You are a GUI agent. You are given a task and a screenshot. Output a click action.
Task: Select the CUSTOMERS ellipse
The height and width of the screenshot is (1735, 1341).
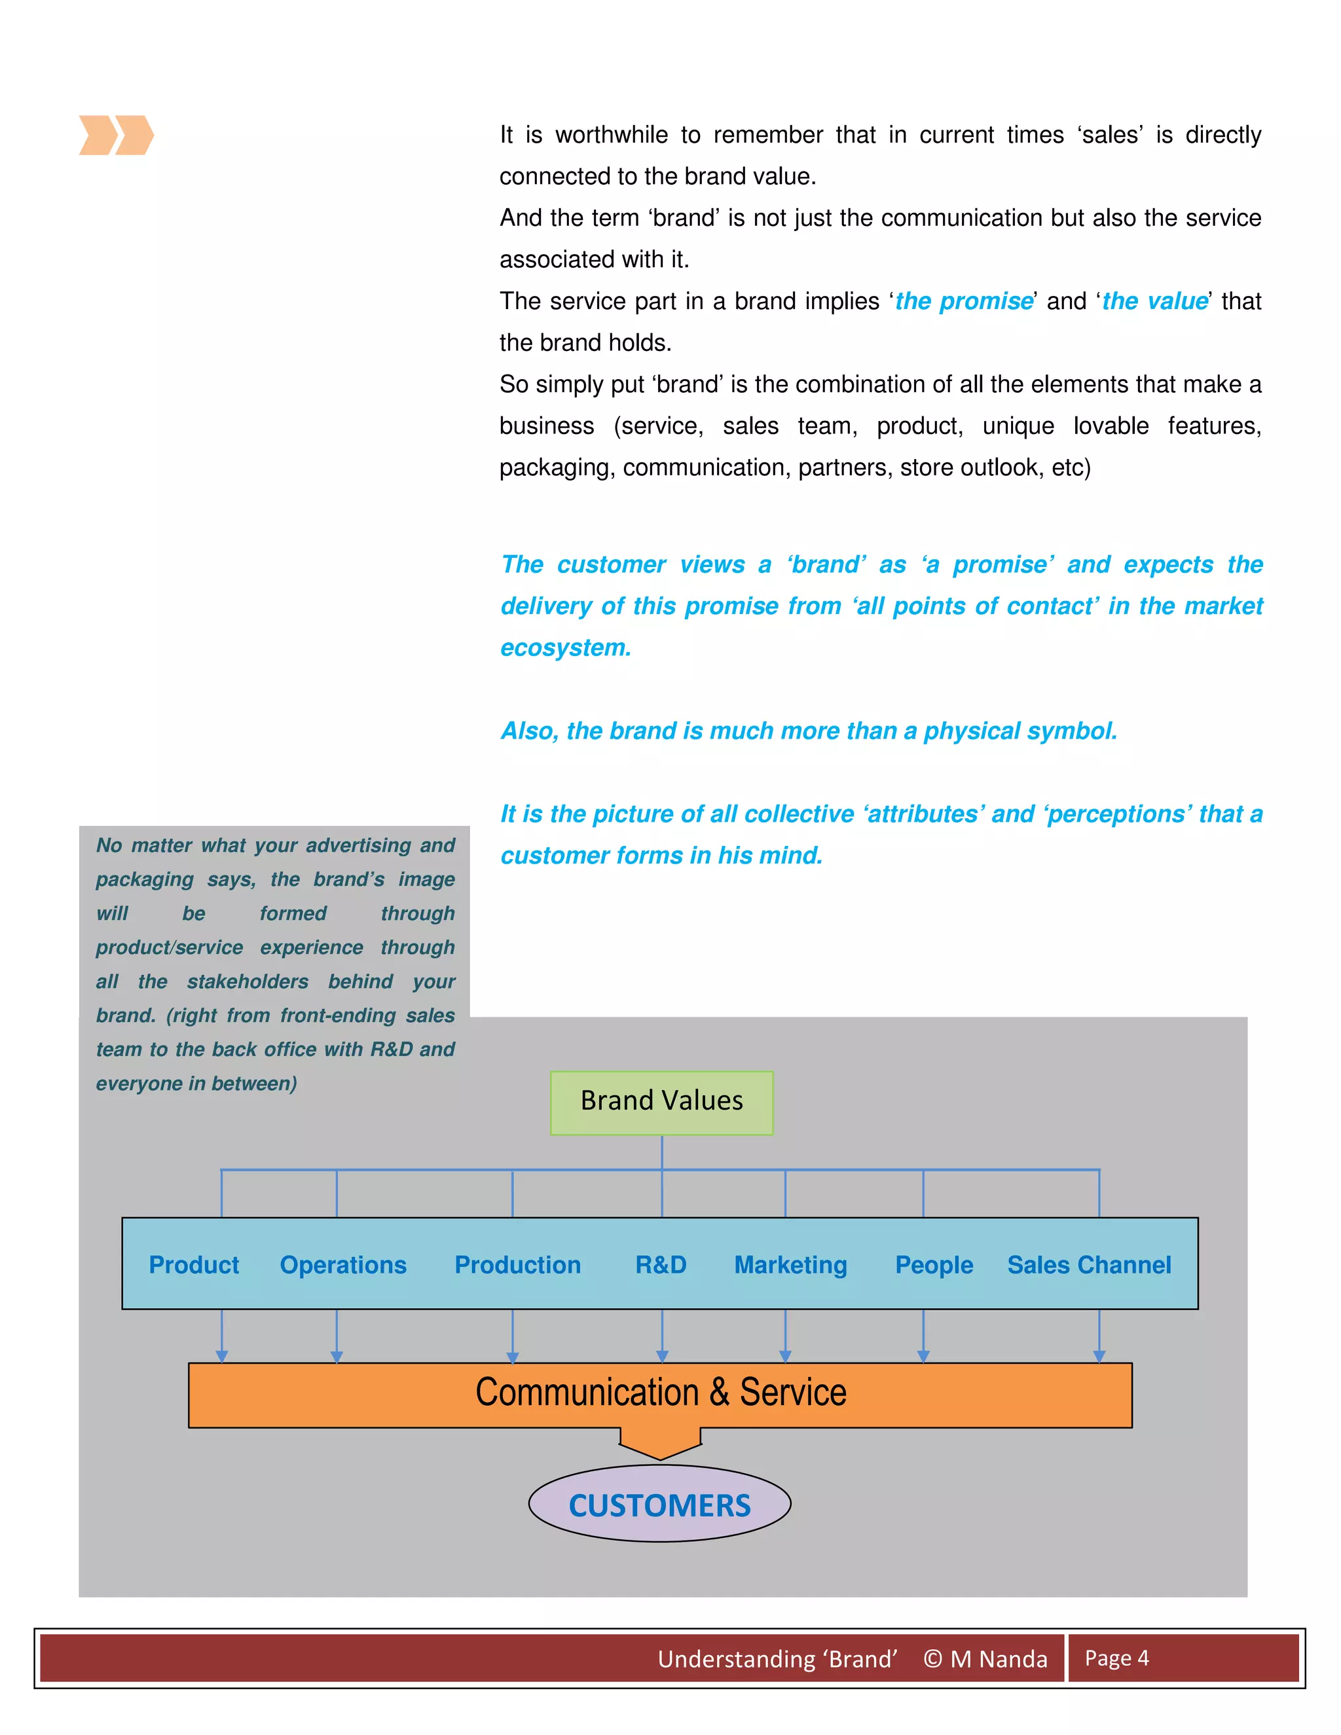659,1505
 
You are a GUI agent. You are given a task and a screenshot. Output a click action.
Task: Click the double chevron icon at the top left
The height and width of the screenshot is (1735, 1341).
116,135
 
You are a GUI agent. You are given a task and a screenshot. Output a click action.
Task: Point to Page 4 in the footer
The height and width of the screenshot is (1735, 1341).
1116,1658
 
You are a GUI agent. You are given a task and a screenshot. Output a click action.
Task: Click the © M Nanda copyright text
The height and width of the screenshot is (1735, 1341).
985,1659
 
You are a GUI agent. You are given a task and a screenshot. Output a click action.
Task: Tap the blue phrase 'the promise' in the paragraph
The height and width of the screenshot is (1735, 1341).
964,301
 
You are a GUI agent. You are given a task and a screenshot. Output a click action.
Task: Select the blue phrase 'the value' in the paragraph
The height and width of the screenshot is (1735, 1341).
1154,301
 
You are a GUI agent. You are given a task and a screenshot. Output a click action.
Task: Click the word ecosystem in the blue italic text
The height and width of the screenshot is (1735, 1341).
565,648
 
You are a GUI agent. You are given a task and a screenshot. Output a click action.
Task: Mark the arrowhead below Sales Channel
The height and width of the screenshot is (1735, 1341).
1099,1356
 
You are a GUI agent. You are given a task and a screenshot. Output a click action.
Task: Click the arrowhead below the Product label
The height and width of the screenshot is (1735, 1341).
222,1356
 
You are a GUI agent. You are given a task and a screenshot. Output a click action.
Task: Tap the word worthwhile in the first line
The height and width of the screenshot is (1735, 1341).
611,135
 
